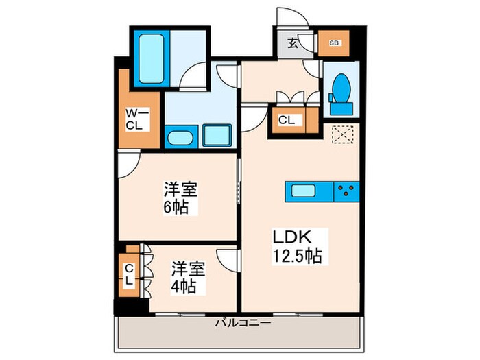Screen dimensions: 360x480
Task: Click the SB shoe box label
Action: click(334, 43)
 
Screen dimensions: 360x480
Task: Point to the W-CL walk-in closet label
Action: click(132, 119)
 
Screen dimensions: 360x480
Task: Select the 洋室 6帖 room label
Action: click(176, 197)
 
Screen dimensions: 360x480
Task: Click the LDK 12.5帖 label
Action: click(293, 245)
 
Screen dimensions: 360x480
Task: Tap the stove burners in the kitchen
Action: click(347, 191)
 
